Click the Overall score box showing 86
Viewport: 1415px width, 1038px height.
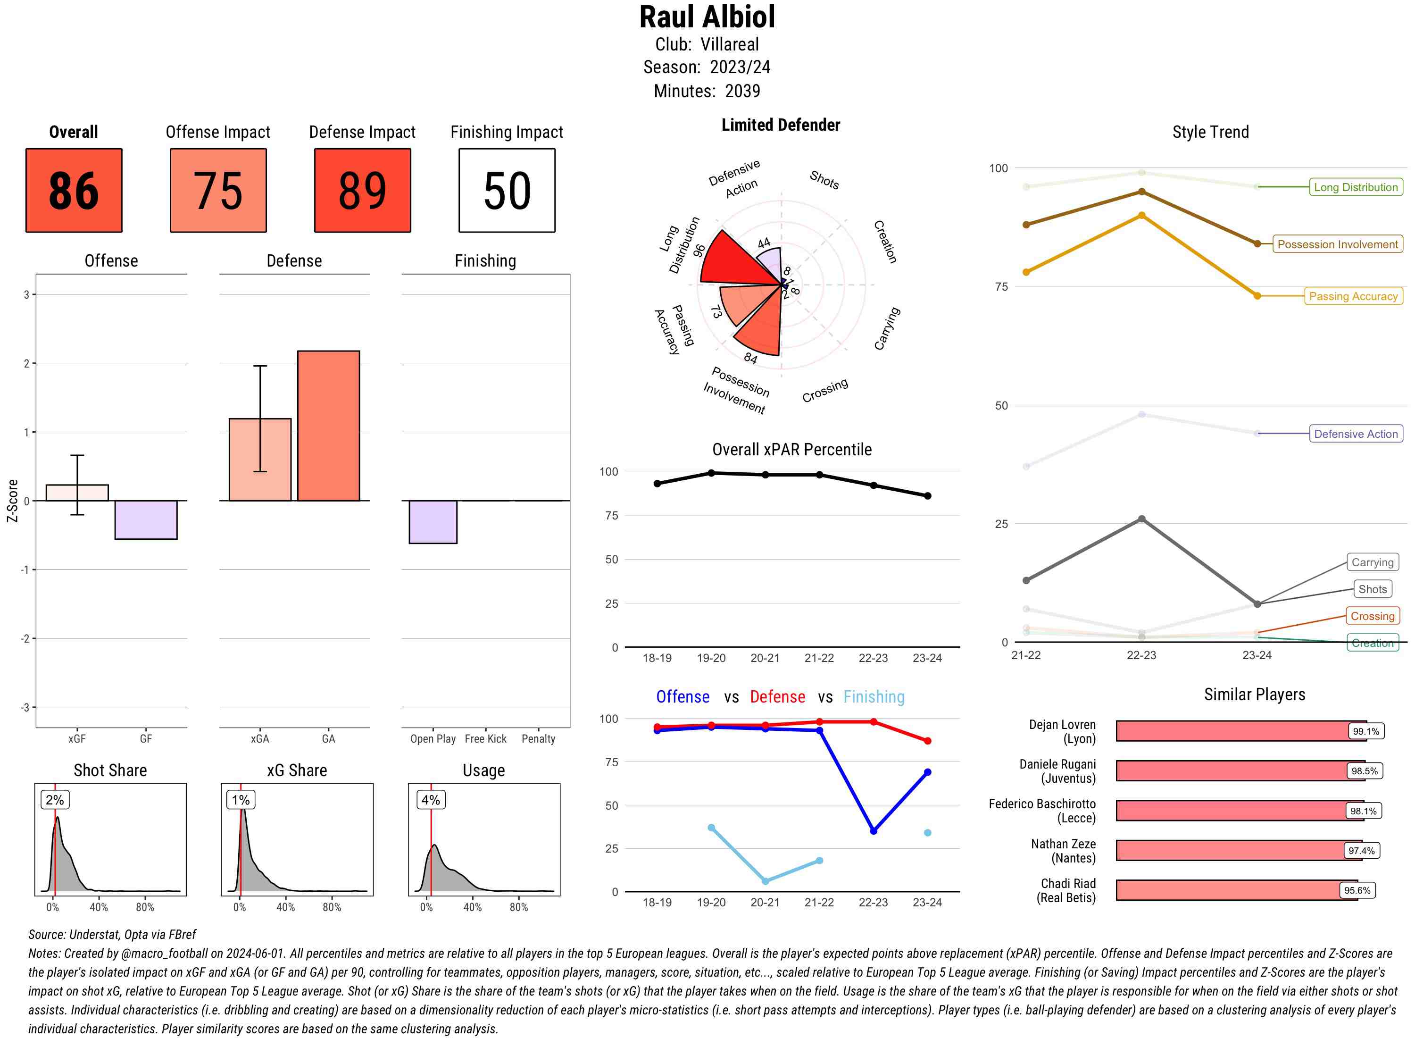pyautogui.click(x=74, y=191)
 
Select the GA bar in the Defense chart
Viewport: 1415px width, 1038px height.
pyautogui.click(x=328, y=426)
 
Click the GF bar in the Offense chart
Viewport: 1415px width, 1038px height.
pyautogui.click(x=146, y=519)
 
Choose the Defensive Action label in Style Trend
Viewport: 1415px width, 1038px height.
pyautogui.click(x=1356, y=434)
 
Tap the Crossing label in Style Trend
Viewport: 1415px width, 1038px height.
pyautogui.click(x=1372, y=616)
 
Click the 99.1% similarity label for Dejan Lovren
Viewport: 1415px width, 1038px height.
pyautogui.click(x=1365, y=731)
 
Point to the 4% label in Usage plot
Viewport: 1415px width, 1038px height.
pyautogui.click(x=430, y=800)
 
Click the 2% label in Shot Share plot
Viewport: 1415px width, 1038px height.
pyautogui.click(x=55, y=800)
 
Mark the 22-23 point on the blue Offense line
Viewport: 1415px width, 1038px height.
pyautogui.click(x=873, y=831)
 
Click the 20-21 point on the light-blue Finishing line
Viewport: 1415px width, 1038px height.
pyautogui.click(x=765, y=881)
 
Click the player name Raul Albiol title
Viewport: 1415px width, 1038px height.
pyautogui.click(x=707, y=17)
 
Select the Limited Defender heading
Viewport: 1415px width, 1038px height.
pyautogui.click(x=780, y=125)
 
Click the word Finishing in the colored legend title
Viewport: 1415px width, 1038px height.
pyautogui.click(x=873, y=697)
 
